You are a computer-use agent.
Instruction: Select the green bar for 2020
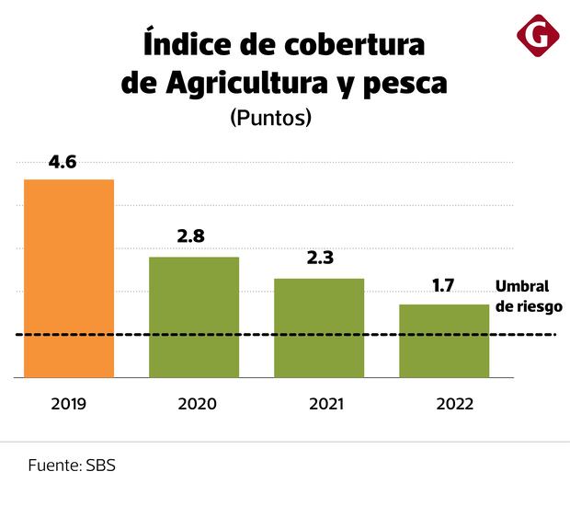(194, 316)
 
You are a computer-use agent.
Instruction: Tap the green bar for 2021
(319, 328)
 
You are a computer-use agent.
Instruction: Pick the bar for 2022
(443, 340)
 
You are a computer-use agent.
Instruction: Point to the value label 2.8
(190, 236)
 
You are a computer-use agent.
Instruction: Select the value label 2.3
(319, 259)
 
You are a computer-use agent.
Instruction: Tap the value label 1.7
(443, 285)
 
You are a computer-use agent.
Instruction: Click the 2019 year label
(69, 404)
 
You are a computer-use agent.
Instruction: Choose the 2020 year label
(194, 404)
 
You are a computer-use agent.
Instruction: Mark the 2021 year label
(319, 404)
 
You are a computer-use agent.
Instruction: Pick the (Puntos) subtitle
(270, 118)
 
